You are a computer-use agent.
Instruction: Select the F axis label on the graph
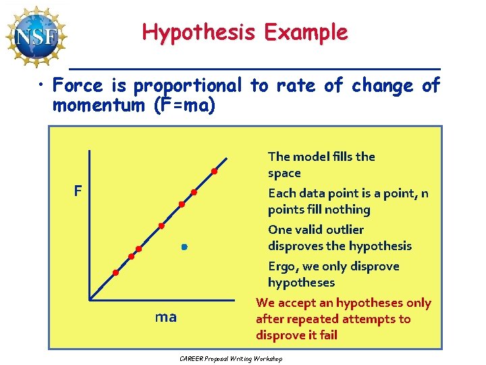78,191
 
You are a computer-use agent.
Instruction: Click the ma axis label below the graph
166,316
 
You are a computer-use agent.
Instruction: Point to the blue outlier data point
183,248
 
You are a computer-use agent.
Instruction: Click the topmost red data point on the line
215,171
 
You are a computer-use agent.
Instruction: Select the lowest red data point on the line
115,272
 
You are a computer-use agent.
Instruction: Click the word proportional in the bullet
187,86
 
